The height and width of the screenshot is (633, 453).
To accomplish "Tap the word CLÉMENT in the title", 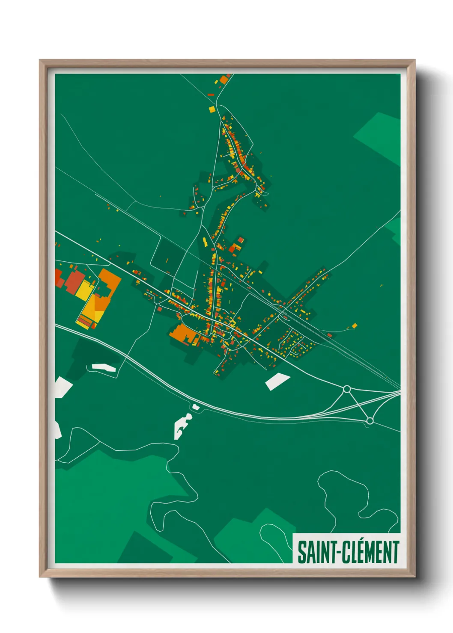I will pos(370,552).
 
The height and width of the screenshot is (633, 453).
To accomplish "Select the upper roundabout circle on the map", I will pos(347,389).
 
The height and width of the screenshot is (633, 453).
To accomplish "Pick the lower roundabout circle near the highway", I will pos(370,421).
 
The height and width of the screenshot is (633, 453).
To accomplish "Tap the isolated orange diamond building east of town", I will pos(354,326).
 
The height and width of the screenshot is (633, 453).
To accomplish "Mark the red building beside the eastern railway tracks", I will pos(329,335).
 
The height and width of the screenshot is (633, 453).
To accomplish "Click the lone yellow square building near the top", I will pos(212,109).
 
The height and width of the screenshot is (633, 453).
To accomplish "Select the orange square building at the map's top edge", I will pos(224,80).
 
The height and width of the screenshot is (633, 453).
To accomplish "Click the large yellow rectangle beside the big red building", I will pos(85,290).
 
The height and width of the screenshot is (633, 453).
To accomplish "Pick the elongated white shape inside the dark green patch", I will pos(103,367).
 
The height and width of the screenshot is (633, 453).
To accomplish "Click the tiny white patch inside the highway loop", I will pos(196,407).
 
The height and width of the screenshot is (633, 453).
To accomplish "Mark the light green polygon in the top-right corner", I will pos(379,137).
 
